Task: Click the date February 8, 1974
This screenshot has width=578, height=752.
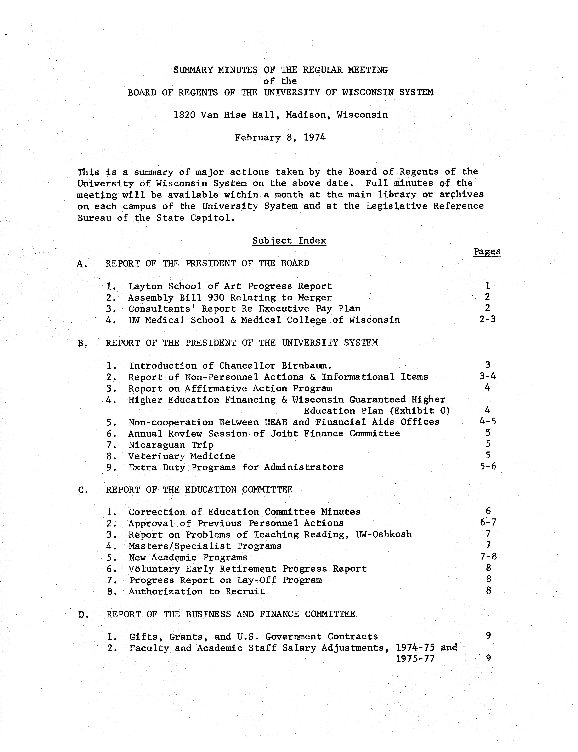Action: [280, 138]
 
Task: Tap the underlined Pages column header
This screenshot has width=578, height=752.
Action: [487, 252]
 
